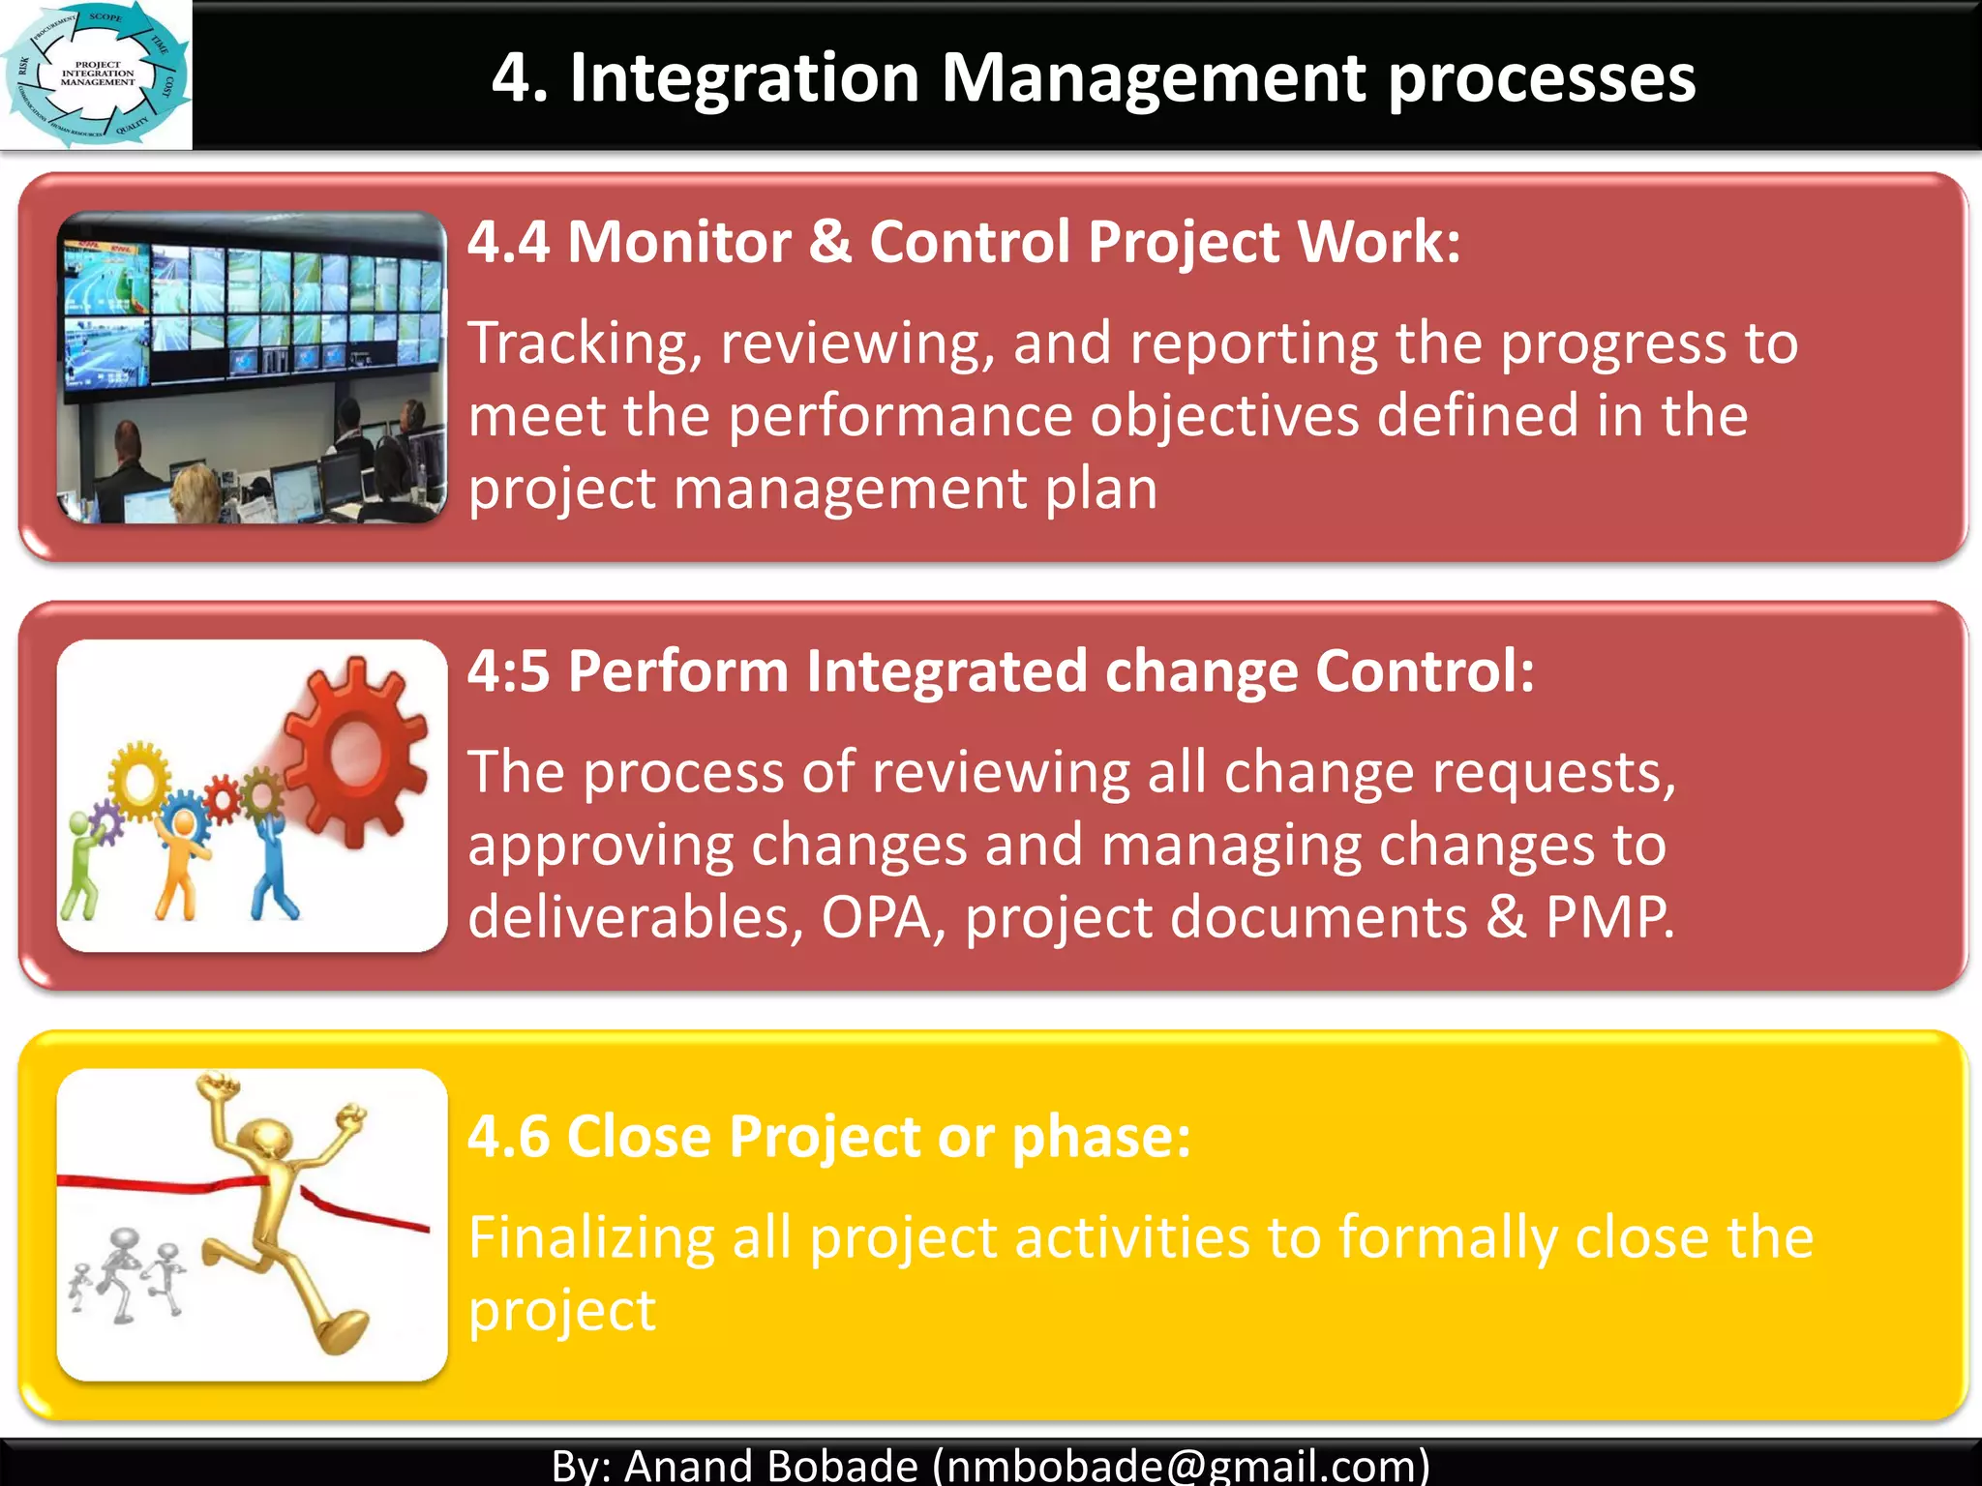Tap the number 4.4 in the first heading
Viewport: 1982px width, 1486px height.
point(509,242)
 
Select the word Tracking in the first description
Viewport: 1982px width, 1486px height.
point(585,344)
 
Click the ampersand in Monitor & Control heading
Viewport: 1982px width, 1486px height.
point(829,242)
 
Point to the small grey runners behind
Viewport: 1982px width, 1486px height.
point(126,1272)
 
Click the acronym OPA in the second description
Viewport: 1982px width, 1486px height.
point(876,917)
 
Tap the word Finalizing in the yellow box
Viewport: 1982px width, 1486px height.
point(590,1238)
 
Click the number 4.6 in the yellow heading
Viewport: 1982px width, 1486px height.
point(509,1136)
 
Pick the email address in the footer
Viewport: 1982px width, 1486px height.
point(1181,1465)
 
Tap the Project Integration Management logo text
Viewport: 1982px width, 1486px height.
point(98,74)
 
